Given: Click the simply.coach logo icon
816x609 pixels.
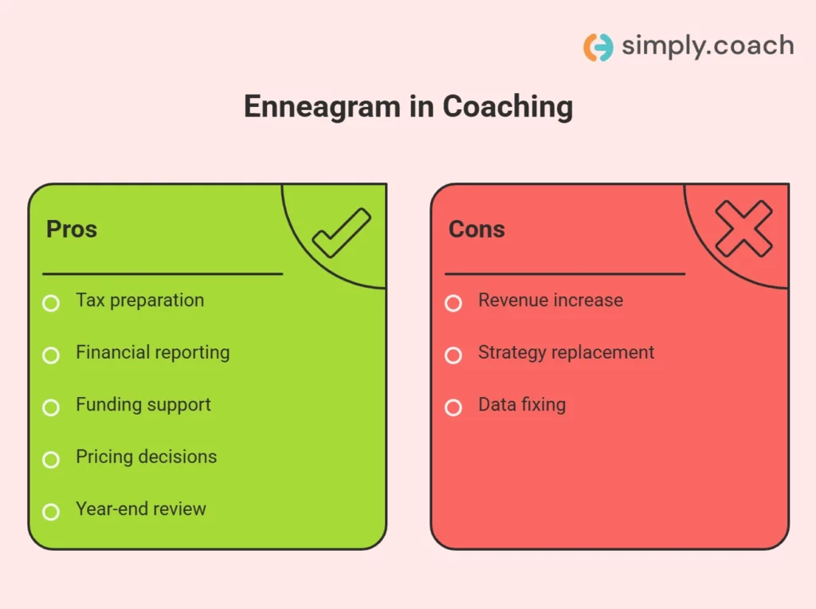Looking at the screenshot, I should point(598,47).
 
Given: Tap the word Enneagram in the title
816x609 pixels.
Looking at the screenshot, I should point(309,107).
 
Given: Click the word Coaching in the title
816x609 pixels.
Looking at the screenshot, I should point(508,107).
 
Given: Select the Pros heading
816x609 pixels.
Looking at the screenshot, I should point(72,230).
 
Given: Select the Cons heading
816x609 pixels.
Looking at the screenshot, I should point(477,230).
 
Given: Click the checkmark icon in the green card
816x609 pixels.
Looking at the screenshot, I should point(341,233).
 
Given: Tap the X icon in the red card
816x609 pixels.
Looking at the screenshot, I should point(743,229).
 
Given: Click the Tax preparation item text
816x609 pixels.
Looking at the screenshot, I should point(139,301).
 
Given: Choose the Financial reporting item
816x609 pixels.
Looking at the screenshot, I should point(152,352).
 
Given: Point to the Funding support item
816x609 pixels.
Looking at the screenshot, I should point(143,405).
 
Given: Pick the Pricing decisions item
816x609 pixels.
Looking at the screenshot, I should point(146,457).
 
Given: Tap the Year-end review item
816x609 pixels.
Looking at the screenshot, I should point(141,509).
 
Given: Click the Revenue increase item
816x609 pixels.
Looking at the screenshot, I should point(551,301).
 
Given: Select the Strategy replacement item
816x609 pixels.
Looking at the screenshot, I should point(566,352).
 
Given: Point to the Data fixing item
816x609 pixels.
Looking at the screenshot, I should point(522,405).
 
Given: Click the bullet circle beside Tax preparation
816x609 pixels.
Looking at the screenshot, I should point(51,303).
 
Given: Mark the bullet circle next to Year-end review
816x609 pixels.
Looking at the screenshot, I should point(51,512).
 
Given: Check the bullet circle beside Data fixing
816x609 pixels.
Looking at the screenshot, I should point(453,407).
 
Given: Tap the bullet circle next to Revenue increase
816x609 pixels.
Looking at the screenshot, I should point(453,303).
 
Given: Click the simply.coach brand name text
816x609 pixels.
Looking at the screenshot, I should point(707,46).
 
